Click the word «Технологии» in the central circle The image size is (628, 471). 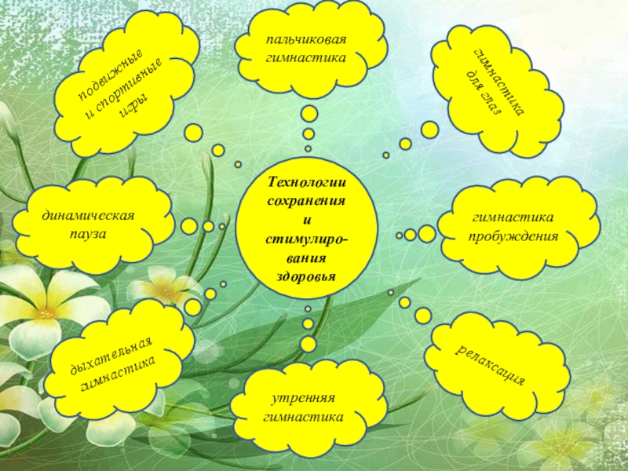tap(307, 183)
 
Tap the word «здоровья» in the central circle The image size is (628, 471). tap(306, 276)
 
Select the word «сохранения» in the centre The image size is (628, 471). tap(307, 202)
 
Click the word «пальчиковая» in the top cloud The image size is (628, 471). tap(305, 40)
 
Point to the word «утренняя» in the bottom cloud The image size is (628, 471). tap(305, 399)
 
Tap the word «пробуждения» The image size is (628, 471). tap(515, 235)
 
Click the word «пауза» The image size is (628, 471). tap(87, 235)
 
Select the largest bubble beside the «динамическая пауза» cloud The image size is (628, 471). tap(190, 226)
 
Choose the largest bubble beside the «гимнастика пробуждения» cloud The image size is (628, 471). tap(427, 233)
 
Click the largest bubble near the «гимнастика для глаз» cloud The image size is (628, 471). tap(429, 130)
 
